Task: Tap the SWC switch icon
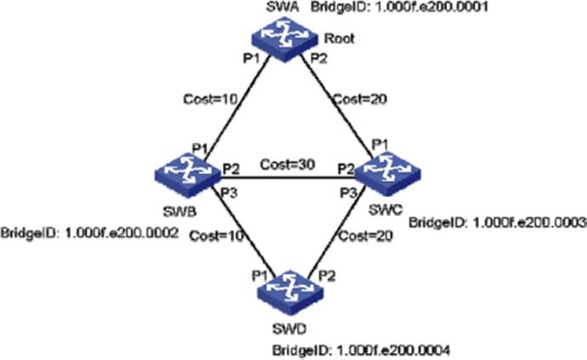[x=387, y=173]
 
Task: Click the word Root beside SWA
[x=339, y=38]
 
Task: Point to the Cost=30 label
[x=288, y=164]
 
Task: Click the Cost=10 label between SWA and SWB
[x=210, y=100]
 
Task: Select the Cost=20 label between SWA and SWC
[x=360, y=100]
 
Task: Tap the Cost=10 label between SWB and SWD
[x=216, y=237]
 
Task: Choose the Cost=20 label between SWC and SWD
[x=365, y=237]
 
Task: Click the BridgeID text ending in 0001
[x=400, y=7]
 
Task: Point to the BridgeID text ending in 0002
[x=89, y=233]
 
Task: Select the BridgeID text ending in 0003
[x=498, y=222]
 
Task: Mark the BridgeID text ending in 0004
[x=361, y=351]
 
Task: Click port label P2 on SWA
[x=319, y=59]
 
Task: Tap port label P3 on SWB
[x=228, y=193]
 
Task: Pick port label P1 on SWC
[x=380, y=145]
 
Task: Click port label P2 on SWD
[x=327, y=277]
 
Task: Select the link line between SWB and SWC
[x=288, y=177]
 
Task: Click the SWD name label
[x=289, y=329]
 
